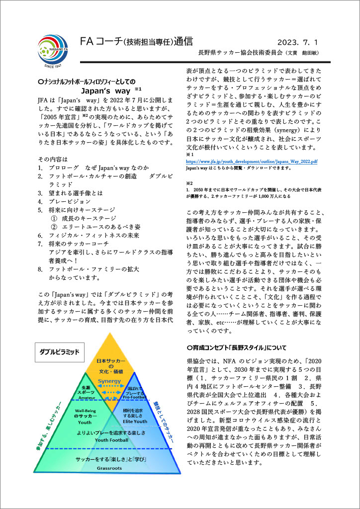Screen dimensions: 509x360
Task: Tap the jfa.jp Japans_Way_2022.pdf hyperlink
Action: tap(252, 162)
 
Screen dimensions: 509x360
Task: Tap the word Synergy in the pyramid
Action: tap(109, 381)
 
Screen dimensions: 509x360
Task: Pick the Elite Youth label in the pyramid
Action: tap(135, 421)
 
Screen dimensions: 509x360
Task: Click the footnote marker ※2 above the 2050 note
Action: tap(189, 184)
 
